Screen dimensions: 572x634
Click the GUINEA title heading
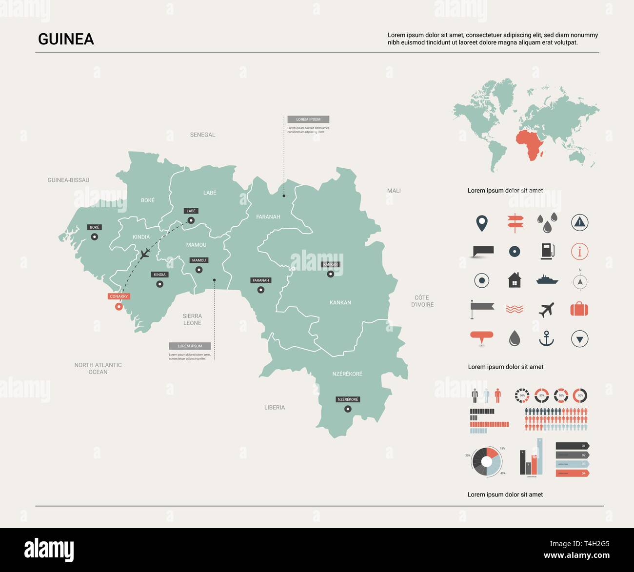pos(66,39)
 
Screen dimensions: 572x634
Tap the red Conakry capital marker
pos(119,306)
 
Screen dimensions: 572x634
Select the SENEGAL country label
pos(202,135)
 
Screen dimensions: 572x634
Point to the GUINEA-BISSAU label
pos(68,180)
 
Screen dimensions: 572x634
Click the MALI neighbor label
pos(394,191)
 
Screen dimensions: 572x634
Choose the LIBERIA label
pos(275,407)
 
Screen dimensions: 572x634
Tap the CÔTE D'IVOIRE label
pos(422,301)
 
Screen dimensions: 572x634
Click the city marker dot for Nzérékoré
pos(348,409)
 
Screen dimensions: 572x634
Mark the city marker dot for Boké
pos(95,237)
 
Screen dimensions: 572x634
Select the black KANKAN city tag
pos(330,264)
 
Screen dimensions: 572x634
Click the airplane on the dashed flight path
pos(145,254)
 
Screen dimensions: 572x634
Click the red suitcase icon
pos(579,309)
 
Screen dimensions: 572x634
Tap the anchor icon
pos(546,338)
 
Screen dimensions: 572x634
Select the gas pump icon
pos(547,251)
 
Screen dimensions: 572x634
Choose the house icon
pos(515,280)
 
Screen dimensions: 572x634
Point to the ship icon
pos(547,280)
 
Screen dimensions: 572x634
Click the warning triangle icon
pos(579,222)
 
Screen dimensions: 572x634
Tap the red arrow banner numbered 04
pos(572,473)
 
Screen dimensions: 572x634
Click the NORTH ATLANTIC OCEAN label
pos(98,368)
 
